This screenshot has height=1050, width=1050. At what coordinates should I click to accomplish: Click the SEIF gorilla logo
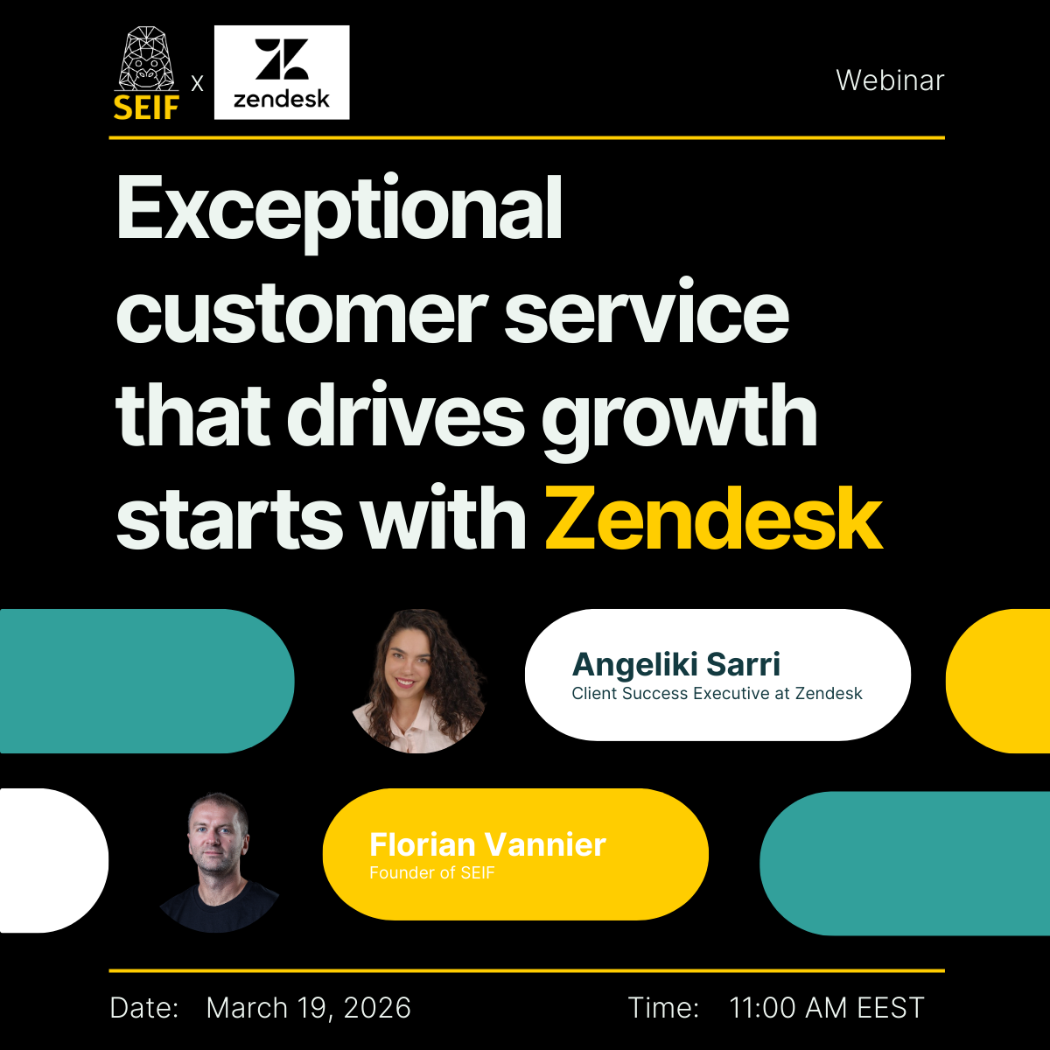(x=146, y=73)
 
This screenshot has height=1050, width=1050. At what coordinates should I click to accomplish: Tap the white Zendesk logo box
(x=282, y=73)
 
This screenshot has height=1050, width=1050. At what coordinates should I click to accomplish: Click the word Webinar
(x=890, y=80)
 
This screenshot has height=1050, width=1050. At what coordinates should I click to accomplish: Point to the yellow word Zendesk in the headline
(x=713, y=518)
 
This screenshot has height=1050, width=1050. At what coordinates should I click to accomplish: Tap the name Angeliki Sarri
(x=676, y=665)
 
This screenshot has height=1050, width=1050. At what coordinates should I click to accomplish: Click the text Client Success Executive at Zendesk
(x=717, y=694)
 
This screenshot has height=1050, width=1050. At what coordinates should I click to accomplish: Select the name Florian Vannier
(x=487, y=844)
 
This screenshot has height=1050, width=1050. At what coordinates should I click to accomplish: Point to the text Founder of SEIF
(x=432, y=873)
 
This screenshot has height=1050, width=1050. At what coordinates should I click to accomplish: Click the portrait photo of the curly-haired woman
(x=418, y=681)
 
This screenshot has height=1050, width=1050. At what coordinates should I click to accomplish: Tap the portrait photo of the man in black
(x=219, y=862)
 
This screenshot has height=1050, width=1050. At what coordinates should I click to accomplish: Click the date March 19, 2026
(x=308, y=1007)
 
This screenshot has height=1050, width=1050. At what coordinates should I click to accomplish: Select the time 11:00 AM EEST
(x=827, y=1007)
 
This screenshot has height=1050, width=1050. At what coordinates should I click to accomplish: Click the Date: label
(x=144, y=1007)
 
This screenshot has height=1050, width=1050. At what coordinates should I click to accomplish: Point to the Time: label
(x=663, y=1007)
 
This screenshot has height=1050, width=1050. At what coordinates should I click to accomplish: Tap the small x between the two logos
(x=197, y=83)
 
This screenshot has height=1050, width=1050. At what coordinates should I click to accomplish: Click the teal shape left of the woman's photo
(x=147, y=681)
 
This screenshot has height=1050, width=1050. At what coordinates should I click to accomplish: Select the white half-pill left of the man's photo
(x=54, y=861)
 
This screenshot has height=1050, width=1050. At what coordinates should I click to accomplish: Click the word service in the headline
(x=647, y=315)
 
